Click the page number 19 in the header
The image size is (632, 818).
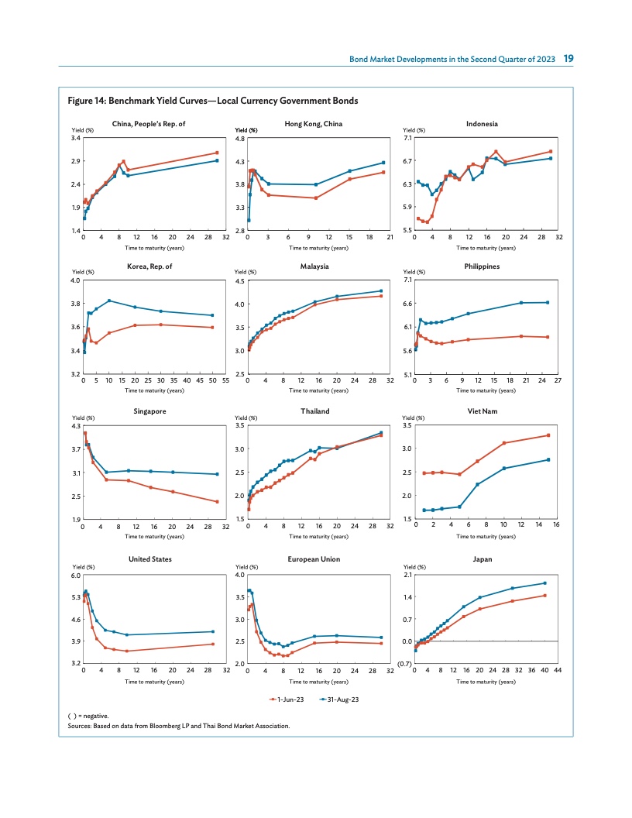(x=568, y=59)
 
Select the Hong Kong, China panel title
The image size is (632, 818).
(x=314, y=124)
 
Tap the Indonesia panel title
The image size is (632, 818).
(x=482, y=124)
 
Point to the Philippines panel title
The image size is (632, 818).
(x=482, y=266)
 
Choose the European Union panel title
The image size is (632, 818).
(x=314, y=559)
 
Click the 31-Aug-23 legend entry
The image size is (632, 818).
(x=338, y=699)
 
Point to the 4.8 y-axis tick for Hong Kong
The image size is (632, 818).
(x=241, y=138)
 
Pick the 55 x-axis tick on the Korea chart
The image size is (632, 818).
(x=225, y=381)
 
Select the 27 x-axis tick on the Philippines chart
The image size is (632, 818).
(x=557, y=381)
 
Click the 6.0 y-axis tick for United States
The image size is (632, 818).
(x=77, y=576)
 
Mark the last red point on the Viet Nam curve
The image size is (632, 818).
(x=548, y=435)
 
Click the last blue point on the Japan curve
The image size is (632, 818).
(x=544, y=583)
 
